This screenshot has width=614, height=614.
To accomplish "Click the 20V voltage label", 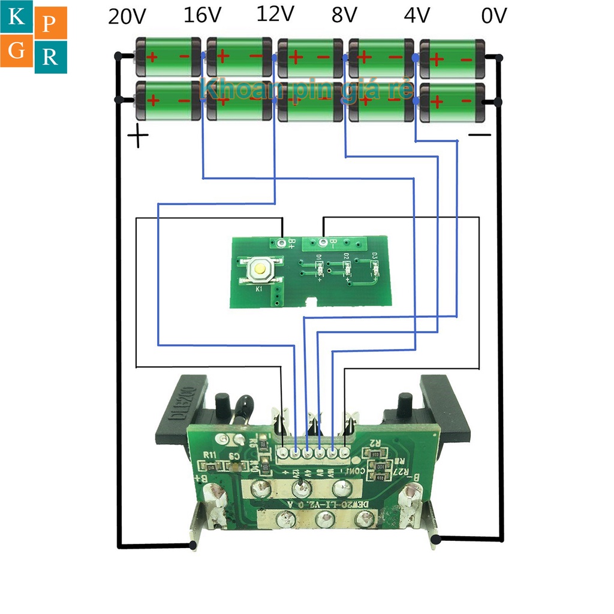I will (127, 16).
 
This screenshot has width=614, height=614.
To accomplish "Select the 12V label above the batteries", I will (275, 14).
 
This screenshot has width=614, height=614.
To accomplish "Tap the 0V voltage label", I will (494, 16).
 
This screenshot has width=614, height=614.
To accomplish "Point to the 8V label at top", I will (344, 15).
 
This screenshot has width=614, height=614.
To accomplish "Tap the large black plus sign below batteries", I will (138, 137).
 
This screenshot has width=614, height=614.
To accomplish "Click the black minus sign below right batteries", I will (479, 135).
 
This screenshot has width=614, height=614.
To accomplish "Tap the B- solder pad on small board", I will (324, 243).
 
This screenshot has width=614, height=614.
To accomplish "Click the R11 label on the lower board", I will (210, 454).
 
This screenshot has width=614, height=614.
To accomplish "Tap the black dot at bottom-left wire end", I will (194, 545).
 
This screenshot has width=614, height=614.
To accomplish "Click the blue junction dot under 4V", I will (416, 58).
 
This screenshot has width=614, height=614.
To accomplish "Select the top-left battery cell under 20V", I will (168, 58).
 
